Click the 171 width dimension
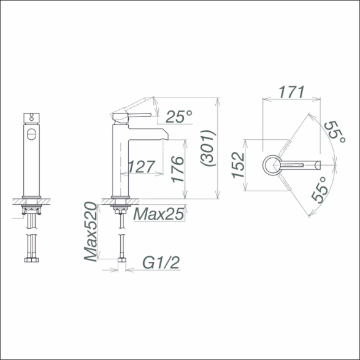(291, 91)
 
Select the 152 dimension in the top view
(238, 165)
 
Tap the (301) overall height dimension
(208, 148)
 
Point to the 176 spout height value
(178, 169)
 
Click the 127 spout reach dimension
(142, 167)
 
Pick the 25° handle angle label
(179, 117)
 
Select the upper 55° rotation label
(335, 132)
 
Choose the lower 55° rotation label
(320, 190)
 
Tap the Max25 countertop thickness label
(159, 214)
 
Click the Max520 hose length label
(90, 231)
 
